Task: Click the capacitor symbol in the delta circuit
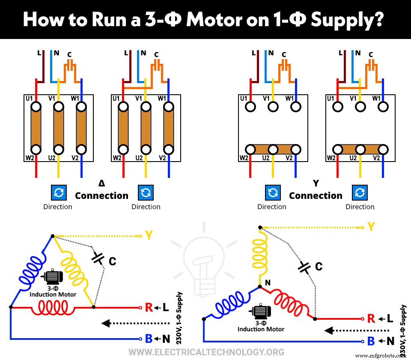pyautogui.click(x=98, y=258)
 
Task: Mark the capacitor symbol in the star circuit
pyautogui.click(x=305, y=267)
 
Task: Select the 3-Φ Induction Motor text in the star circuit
pyautogui.click(x=261, y=326)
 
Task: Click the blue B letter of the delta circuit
pyautogui.click(x=149, y=339)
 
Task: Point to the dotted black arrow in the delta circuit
pyautogui.click(x=124, y=323)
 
